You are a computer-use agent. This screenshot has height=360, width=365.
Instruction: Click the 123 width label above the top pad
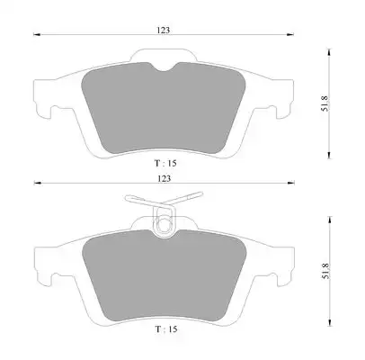pyautogui.click(x=164, y=30)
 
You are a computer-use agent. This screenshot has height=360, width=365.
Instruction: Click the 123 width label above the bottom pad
pyautogui.click(x=164, y=178)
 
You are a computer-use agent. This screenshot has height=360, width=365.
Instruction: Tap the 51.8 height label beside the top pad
pyautogui.click(x=325, y=103)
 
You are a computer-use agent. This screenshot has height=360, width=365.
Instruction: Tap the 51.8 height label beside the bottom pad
pyautogui.click(x=325, y=271)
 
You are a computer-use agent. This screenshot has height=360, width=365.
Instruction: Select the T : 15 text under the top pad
pyautogui.click(x=165, y=163)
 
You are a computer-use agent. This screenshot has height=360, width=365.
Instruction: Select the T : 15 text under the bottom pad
pyautogui.click(x=166, y=329)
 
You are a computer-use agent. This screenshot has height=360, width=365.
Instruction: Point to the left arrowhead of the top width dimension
pyautogui.click(x=37, y=35)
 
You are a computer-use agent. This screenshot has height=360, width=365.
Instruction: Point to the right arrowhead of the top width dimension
pyautogui.click(x=290, y=35)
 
